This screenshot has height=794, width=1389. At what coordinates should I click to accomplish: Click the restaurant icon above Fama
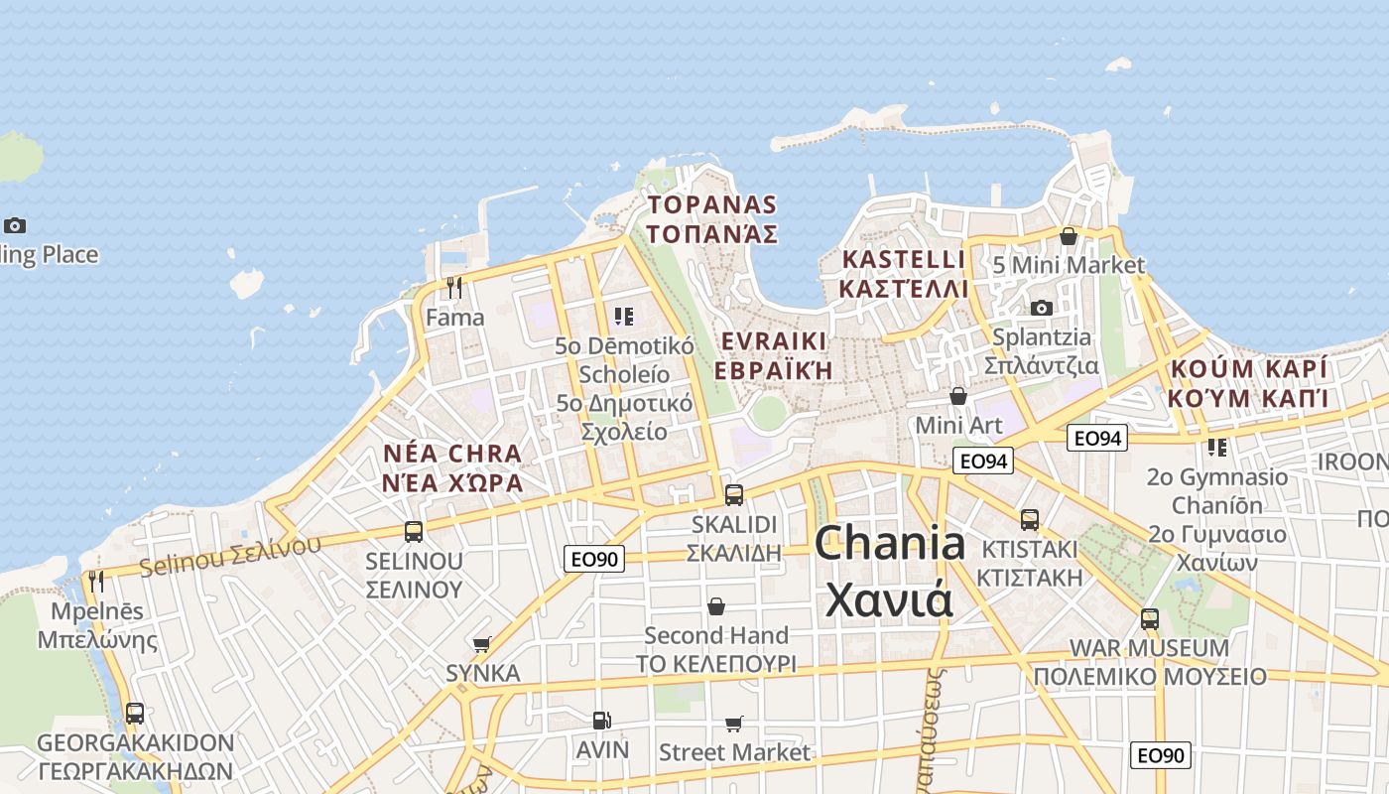(454, 288)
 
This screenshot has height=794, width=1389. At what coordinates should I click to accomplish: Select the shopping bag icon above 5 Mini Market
(1069, 236)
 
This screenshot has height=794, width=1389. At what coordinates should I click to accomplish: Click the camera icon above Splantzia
(1041, 308)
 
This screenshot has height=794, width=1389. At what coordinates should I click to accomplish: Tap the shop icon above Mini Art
(958, 396)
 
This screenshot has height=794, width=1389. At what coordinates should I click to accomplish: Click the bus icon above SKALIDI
(734, 494)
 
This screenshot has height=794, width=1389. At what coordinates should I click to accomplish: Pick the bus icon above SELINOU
(414, 531)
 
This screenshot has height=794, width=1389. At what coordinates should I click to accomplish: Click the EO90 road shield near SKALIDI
(595, 559)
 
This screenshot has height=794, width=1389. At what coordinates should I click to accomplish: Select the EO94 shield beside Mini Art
(983, 461)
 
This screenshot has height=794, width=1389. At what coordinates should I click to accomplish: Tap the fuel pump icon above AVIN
(601, 721)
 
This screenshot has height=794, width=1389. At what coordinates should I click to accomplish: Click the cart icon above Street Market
(734, 724)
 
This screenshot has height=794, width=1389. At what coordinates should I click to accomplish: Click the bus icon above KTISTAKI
(1030, 519)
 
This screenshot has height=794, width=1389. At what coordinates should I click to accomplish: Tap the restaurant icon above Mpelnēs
(95, 581)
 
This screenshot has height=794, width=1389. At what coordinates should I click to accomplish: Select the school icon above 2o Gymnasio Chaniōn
(1217, 448)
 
